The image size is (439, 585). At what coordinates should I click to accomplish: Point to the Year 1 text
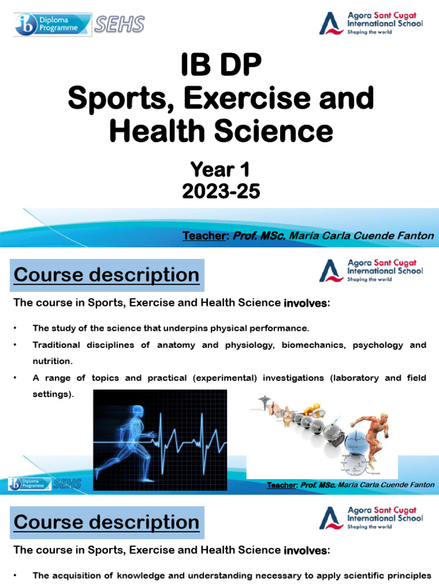click(x=220, y=169)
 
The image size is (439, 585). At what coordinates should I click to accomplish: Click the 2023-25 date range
click(x=220, y=191)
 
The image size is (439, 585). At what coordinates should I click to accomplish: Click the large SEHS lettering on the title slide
click(x=119, y=24)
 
